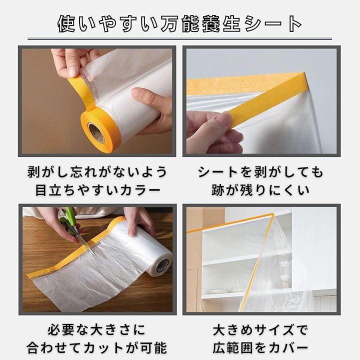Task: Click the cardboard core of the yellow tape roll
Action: coord(96,133)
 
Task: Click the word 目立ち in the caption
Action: coord(55,190)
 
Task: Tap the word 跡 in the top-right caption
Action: coord(218,190)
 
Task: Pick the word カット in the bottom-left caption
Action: coord(104,348)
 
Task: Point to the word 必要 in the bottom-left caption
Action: coord(61,330)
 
